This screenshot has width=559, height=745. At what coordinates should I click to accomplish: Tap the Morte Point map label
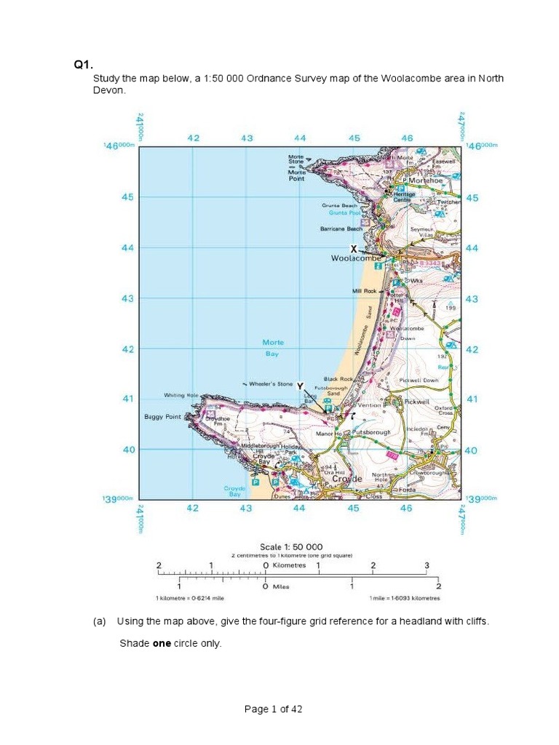coord(297,175)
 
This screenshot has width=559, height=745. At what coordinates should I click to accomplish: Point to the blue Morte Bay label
coord(274,348)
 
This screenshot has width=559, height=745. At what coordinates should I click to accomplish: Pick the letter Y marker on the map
coord(300,386)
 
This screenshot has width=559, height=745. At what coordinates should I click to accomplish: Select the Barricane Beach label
coord(341,228)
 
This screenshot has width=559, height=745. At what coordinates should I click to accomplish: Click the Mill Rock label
coord(365,291)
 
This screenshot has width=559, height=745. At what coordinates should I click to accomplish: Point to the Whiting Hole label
coord(181,395)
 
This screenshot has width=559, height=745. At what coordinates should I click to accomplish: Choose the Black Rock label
coord(338,379)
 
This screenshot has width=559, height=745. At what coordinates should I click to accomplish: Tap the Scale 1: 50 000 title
coord(291,546)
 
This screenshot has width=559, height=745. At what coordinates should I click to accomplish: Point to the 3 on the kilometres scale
coord(427,565)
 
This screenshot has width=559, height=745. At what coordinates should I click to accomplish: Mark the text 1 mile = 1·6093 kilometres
coord(404,598)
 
